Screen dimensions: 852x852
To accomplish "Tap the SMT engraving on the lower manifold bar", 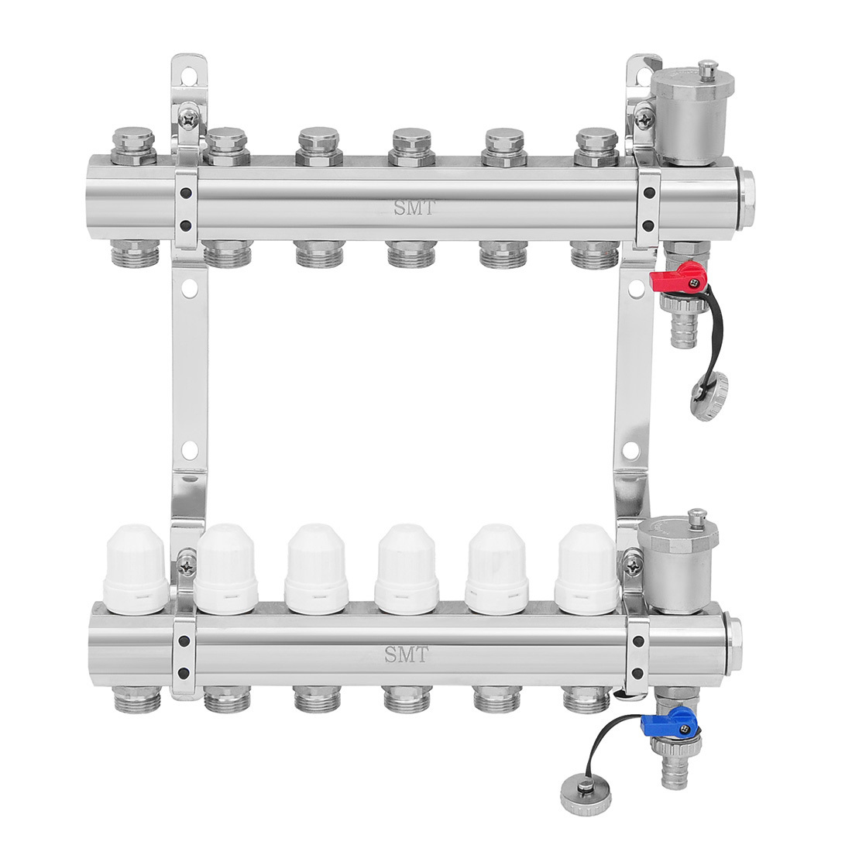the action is coord(407,654).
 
